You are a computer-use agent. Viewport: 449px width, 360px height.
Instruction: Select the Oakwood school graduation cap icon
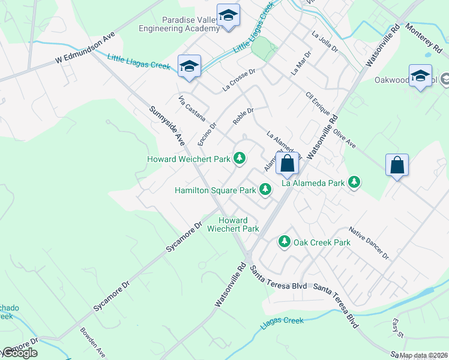[420, 76]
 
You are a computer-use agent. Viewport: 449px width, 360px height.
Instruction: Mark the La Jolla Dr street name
[325, 42]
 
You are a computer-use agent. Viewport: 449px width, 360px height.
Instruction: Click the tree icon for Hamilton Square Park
[265, 190]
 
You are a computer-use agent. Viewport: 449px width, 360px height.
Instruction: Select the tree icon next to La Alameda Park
[354, 182]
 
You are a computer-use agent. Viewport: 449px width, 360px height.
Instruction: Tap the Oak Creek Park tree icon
[284, 242]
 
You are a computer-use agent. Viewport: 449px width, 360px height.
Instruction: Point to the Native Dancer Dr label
[369, 243]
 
